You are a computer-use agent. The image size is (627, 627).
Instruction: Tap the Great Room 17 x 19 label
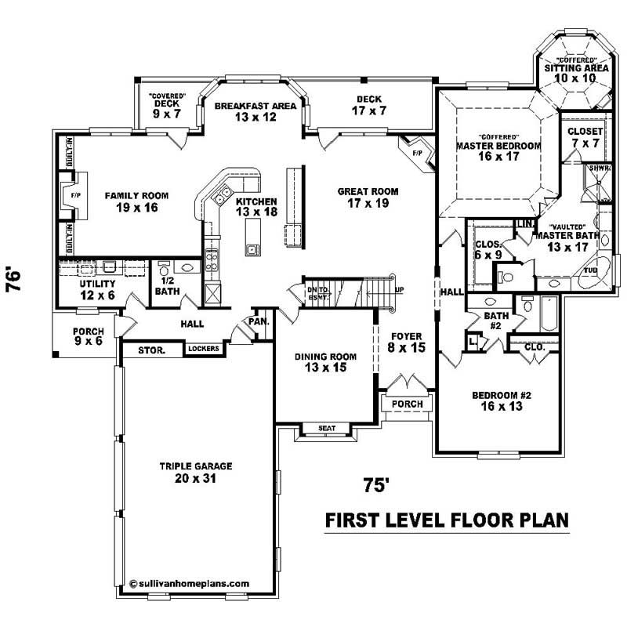368,197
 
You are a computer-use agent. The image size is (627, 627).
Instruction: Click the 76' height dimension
15,281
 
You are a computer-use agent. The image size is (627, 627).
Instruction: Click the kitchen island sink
252,250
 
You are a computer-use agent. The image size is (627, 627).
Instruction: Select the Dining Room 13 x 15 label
325,362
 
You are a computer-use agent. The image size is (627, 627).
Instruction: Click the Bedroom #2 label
502,400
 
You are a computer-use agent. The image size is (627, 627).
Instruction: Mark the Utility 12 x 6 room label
98,288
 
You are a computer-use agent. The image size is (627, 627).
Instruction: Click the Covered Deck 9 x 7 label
166,107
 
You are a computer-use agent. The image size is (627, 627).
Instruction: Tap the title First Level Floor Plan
446,521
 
